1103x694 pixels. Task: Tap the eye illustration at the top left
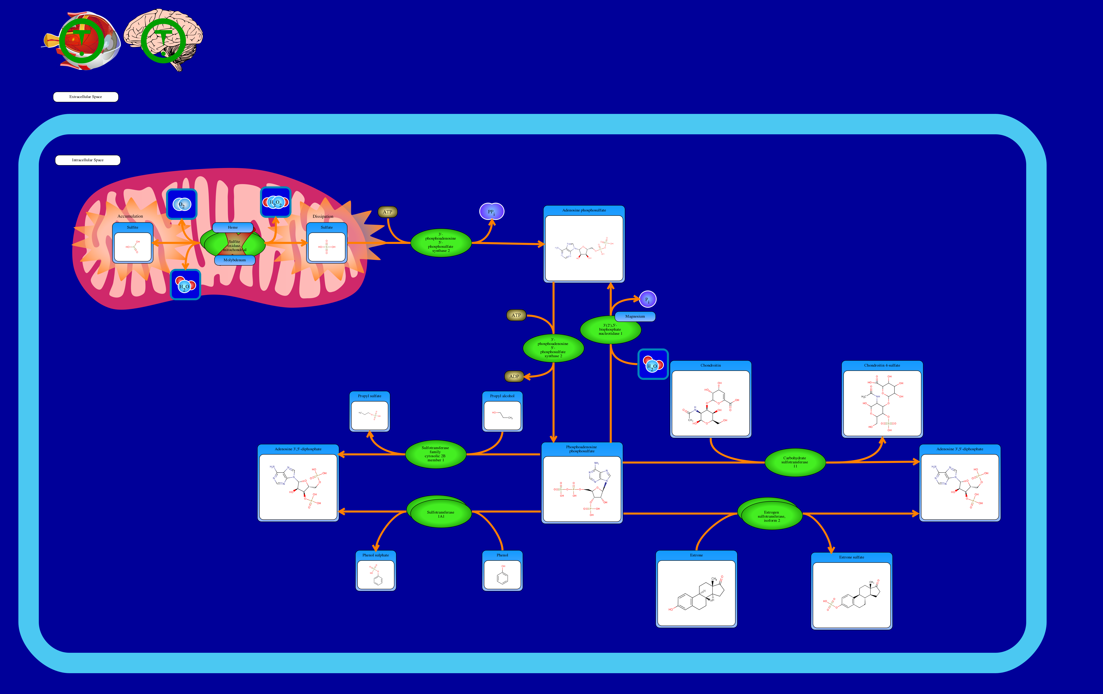[83, 40]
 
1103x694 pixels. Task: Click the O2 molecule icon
[182, 204]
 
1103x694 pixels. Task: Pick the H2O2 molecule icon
[275, 202]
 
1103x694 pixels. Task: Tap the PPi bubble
[491, 211]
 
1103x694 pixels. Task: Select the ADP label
[514, 376]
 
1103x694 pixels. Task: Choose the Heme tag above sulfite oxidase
[233, 228]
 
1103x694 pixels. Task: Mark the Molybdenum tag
[234, 260]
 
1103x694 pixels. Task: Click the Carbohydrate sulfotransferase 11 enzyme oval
[795, 462]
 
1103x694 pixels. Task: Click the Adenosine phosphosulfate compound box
[584, 244]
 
